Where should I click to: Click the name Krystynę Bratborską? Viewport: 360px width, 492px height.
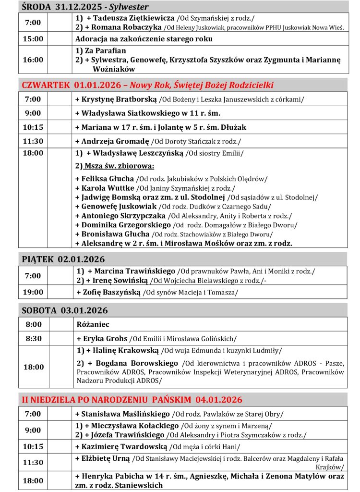(116, 99)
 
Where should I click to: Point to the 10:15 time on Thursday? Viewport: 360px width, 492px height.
(33, 127)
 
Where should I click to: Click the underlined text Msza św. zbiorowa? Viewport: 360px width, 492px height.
(119, 166)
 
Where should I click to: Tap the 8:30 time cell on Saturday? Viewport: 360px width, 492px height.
(33, 338)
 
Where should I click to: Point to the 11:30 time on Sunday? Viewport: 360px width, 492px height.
(33, 462)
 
